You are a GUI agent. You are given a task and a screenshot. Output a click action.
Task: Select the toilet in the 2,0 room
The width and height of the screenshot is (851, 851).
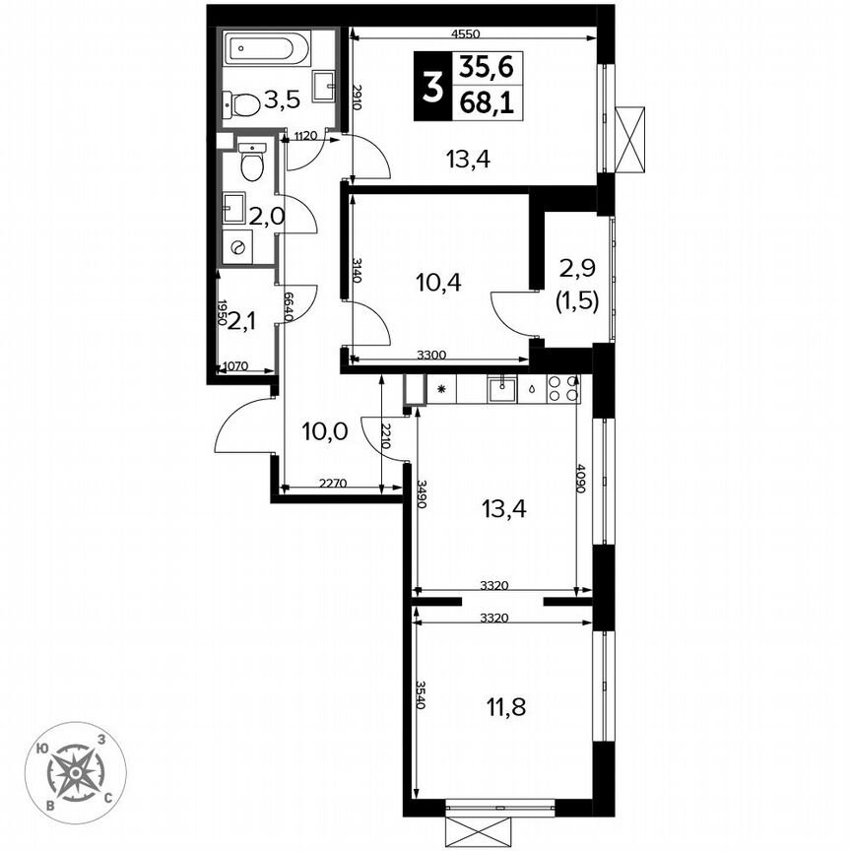coord(252,163)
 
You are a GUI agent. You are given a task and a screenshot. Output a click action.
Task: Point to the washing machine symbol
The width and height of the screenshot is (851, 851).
coord(236,249)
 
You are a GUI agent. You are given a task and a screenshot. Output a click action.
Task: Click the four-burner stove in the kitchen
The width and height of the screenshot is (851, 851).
coord(562,388)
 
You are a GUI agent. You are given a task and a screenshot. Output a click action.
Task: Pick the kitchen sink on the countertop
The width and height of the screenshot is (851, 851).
coord(504,389)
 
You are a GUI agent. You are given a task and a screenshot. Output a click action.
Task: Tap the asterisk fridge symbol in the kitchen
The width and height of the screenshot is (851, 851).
coord(441,389)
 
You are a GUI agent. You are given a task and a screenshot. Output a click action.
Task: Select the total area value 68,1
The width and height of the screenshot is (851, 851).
coord(488,101)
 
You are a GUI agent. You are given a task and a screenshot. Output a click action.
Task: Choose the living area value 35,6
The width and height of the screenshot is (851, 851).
coord(488,68)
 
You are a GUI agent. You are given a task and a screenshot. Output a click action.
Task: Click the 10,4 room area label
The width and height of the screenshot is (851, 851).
coord(439,283)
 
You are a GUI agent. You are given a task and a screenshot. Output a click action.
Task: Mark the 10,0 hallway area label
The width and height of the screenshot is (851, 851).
coord(325,430)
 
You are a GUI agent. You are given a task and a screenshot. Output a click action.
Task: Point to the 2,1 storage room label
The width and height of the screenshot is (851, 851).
coord(243,321)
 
